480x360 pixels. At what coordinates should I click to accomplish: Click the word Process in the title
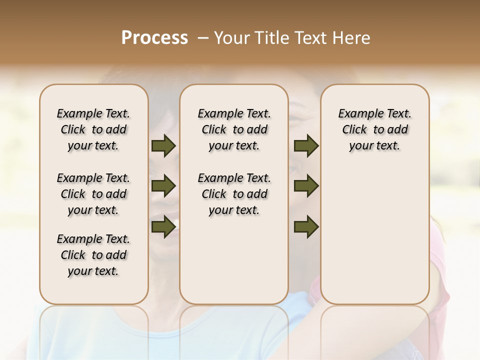154,37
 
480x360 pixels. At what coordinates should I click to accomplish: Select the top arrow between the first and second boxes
163,145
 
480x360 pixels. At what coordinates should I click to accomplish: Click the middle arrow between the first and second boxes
163,186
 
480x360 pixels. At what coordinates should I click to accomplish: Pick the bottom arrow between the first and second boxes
163,226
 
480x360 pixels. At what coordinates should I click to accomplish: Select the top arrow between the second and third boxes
306,145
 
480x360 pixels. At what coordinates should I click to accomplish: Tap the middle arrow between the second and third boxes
306,186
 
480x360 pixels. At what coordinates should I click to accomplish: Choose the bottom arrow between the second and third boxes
306,226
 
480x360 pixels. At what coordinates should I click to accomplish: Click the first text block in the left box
93,129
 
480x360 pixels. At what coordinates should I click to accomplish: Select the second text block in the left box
93,194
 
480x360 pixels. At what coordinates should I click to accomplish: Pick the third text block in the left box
93,255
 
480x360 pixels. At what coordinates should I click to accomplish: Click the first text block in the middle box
234,129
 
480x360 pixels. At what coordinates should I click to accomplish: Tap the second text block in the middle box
234,194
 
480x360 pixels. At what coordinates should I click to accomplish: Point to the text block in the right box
374,129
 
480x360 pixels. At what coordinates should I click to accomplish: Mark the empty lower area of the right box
374,230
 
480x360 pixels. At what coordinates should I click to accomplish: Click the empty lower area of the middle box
234,260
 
